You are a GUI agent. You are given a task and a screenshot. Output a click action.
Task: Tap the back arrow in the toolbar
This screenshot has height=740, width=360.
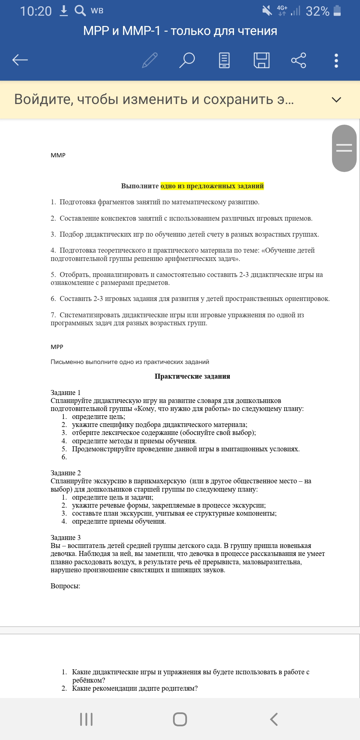[x=20, y=60]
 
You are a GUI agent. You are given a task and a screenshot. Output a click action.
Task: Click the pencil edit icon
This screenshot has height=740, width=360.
[x=150, y=60]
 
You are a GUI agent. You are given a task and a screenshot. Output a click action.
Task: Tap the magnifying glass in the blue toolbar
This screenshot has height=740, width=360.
[x=187, y=60]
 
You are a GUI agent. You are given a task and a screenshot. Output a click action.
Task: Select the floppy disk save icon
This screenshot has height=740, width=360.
[x=262, y=60]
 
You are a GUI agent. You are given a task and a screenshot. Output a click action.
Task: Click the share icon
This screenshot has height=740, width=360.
[x=299, y=60]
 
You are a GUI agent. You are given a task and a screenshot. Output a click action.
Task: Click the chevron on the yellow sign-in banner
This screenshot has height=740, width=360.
[x=337, y=100]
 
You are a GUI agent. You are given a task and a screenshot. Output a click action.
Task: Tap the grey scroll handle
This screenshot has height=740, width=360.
[x=344, y=148]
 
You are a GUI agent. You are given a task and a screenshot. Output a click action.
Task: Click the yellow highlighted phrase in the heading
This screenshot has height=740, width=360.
[x=212, y=186]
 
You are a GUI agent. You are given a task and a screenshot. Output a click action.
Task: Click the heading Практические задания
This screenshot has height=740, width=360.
[x=192, y=376]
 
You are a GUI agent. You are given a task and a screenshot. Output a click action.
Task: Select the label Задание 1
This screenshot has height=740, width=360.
[x=66, y=393]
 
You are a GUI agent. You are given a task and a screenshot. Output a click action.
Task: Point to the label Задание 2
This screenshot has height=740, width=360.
[x=66, y=473]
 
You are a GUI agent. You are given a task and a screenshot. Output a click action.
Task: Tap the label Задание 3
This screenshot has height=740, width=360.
[x=66, y=538]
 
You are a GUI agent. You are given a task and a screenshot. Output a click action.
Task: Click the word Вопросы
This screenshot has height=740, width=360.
[x=65, y=586]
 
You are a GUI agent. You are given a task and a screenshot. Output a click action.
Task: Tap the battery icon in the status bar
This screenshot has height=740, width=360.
[x=337, y=11]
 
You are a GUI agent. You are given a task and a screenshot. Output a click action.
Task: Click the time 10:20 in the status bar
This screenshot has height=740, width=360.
[x=36, y=11]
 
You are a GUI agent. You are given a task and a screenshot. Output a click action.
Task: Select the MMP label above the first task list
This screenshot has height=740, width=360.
[x=58, y=155]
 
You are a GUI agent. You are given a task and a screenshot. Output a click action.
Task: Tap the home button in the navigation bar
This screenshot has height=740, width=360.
[x=180, y=719]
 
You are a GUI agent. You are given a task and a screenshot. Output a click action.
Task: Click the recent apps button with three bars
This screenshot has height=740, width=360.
[x=86, y=719]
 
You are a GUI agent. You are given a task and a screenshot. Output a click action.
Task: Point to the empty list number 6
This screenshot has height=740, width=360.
[x=64, y=457]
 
